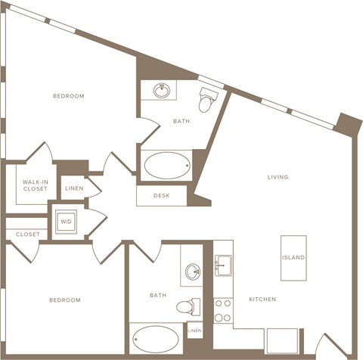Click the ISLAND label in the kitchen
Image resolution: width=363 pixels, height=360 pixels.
pyautogui.click(x=293, y=257)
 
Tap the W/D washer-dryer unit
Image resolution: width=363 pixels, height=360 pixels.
pyautogui.click(x=66, y=222)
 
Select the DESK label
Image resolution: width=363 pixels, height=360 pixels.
pyautogui.click(x=162, y=195)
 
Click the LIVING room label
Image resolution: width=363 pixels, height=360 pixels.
pyautogui.click(x=278, y=177)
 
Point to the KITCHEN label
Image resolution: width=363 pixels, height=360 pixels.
pyautogui.click(x=262, y=299)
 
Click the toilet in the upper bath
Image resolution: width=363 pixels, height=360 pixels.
pyautogui.click(x=207, y=100)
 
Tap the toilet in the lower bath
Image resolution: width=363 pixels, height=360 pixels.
pyautogui.click(x=188, y=307)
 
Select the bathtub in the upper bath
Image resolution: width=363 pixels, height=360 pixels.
pyautogui.click(x=167, y=166)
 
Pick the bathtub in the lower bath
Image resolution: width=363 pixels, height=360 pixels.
pyautogui.click(x=156, y=339)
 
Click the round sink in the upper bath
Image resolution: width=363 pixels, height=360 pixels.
pyautogui.click(x=162, y=91)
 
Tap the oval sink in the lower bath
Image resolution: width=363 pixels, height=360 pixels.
pyautogui.click(x=193, y=272)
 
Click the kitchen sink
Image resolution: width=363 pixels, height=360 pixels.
pyautogui.click(x=223, y=265)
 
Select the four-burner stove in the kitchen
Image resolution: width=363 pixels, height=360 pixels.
pyautogui.click(x=223, y=311)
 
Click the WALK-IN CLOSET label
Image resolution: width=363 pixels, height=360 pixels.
pyautogui.click(x=36, y=185)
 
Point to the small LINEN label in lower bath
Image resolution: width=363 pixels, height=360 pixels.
pyautogui.click(x=195, y=331)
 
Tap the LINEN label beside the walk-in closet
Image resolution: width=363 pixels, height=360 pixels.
pyautogui.click(x=74, y=188)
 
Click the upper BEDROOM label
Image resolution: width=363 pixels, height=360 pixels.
pyautogui.click(x=69, y=96)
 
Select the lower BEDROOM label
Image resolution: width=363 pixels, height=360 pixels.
pyautogui.click(x=65, y=300)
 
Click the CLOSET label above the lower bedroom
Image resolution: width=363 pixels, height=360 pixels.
pyautogui.click(x=28, y=234)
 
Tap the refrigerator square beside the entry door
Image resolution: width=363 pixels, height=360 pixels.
pyautogui.click(x=282, y=340)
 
